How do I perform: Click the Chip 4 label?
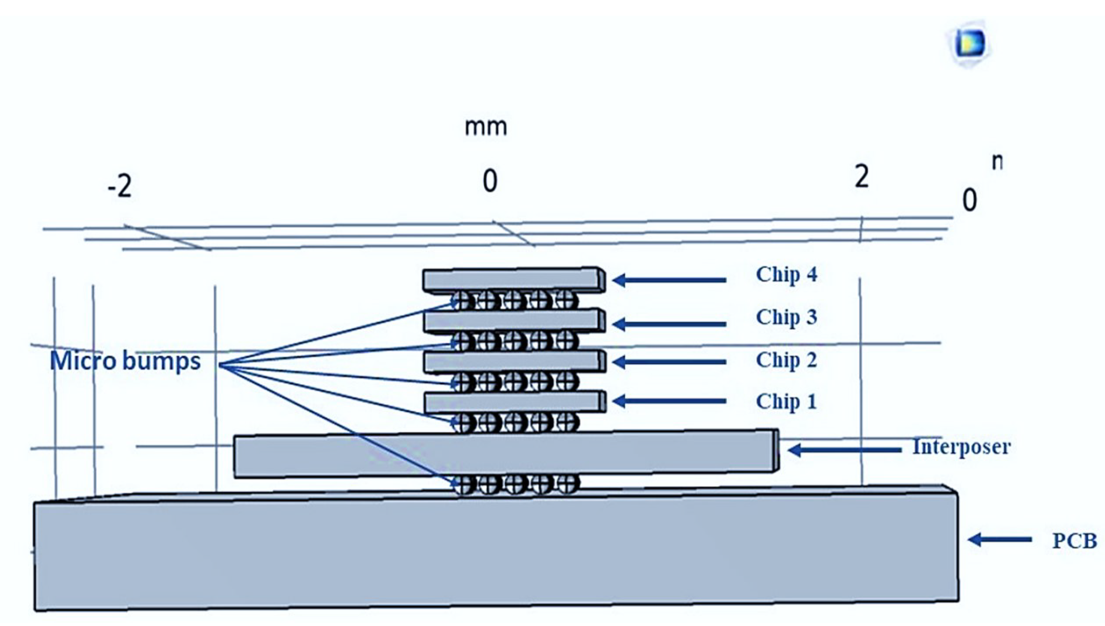click(786, 274)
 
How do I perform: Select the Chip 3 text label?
click(786, 317)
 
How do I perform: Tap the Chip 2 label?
click(786, 360)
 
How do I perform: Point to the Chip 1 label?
click(786, 401)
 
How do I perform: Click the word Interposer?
click(961, 447)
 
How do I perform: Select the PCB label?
click(1074, 541)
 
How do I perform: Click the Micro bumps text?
click(125, 361)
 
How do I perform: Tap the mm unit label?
click(486, 127)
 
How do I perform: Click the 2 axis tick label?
click(861, 177)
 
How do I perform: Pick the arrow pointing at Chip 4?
click(669, 280)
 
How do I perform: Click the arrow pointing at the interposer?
click(844, 450)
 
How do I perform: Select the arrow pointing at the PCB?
click(999, 539)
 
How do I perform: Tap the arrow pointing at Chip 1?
click(669, 401)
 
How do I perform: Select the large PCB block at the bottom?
click(495, 555)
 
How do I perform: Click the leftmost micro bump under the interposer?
click(462, 485)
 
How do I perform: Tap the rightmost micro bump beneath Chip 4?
click(565, 300)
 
